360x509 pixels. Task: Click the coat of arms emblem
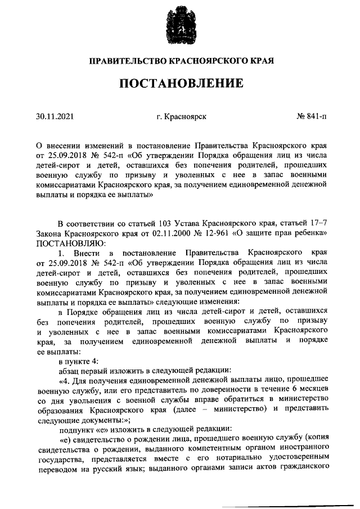179,25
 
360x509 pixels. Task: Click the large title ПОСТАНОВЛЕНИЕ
180,84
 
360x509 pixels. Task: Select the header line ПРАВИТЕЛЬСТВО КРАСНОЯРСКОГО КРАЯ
180,60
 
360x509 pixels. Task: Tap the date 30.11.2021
55,116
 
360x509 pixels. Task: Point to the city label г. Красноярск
182,116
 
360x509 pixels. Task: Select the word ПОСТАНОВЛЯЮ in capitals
67,244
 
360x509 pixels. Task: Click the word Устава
190,223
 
